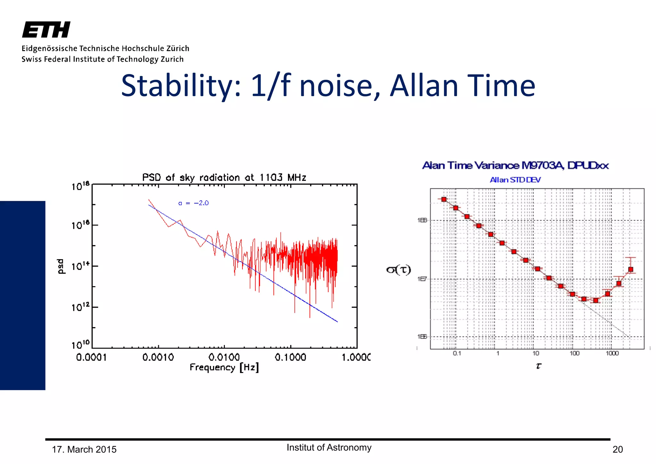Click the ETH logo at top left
(46, 30)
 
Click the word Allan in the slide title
(424, 86)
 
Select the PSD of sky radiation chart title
(224, 177)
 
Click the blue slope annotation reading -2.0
(194, 203)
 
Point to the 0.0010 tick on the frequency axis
(158, 357)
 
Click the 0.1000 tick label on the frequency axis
(290, 357)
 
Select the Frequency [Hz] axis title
(224, 367)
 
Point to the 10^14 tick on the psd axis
(80, 266)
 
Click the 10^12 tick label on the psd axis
(80, 307)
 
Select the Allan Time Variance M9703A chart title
(515, 165)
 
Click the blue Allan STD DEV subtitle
(515, 180)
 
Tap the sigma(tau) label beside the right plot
(398, 269)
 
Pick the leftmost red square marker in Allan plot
(444, 199)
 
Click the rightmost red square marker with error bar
(630, 269)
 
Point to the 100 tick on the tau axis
(574, 353)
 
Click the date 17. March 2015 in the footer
(84, 450)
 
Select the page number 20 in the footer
(617, 450)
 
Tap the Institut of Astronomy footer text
(329, 447)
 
